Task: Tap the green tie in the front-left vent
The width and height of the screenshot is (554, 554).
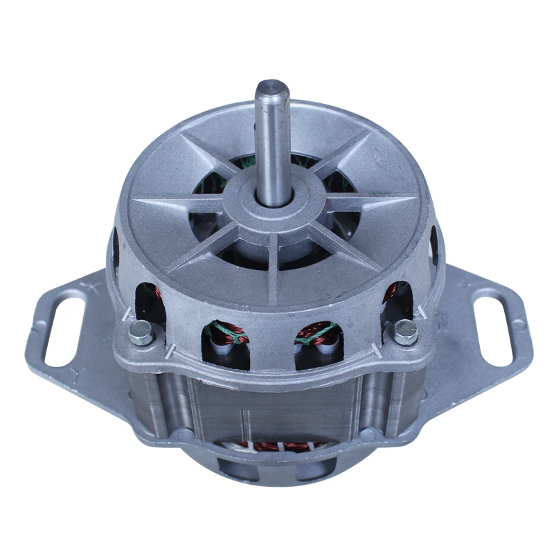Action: (x=231, y=333)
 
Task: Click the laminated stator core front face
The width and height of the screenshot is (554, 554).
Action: (x=277, y=402)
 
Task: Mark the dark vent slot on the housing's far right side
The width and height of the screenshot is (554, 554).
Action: (x=434, y=242)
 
